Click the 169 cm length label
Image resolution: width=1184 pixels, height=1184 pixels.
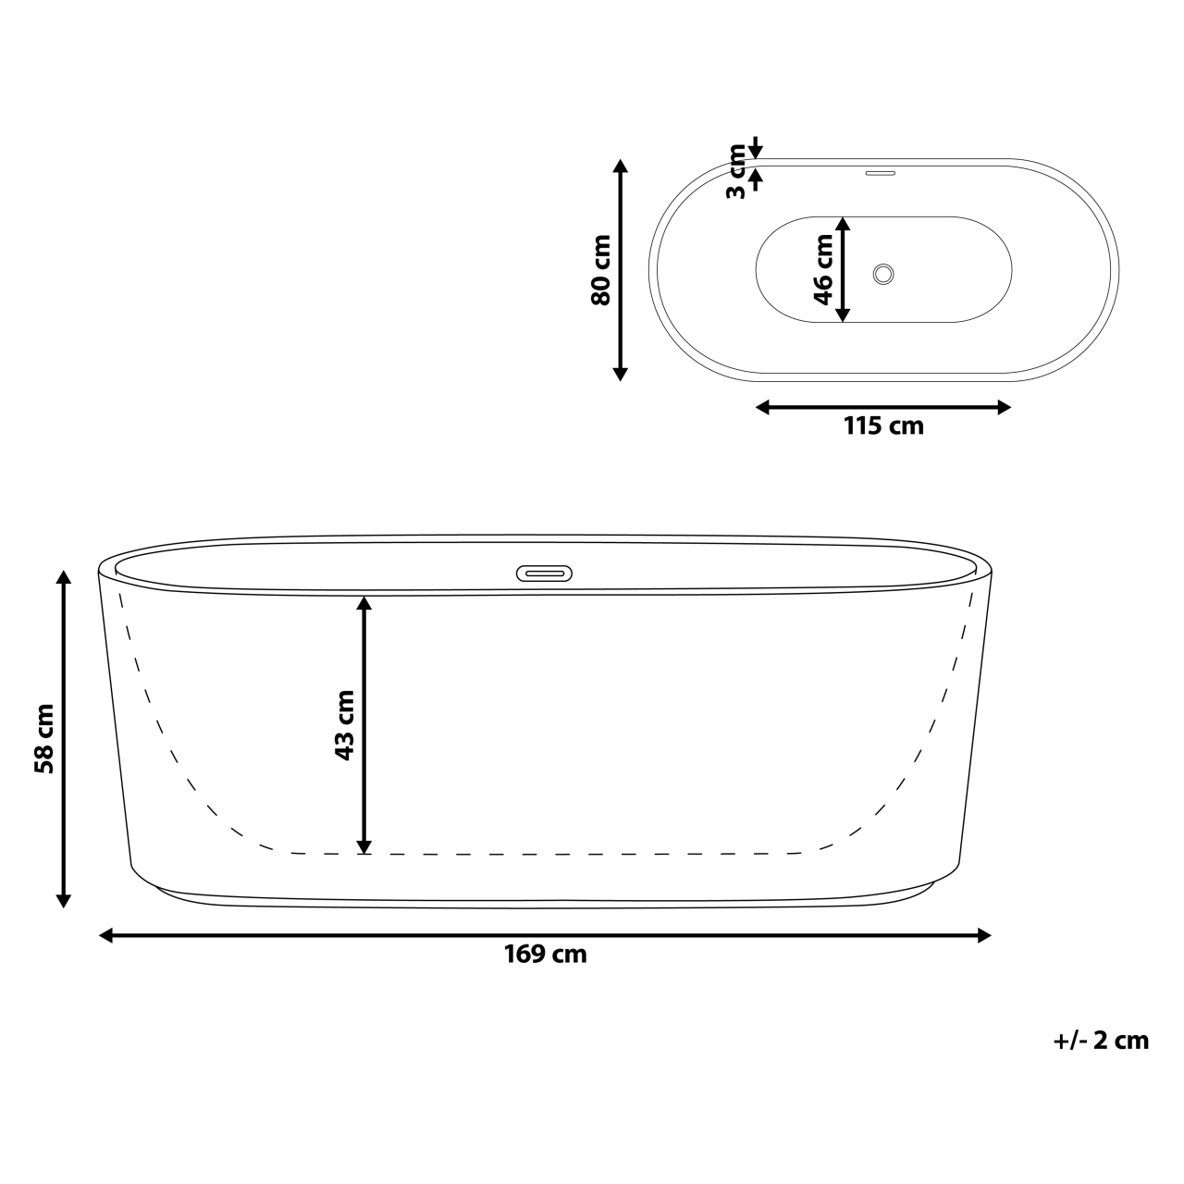tap(545, 955)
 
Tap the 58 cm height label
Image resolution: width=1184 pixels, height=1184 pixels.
tap(43, 738)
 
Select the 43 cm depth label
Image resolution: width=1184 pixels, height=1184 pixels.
tap(344, 725)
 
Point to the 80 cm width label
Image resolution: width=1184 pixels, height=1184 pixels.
tap(600, 270)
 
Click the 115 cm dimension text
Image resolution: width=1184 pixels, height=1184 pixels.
tap(883, 426)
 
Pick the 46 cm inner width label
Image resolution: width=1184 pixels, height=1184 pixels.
tap(822, 269)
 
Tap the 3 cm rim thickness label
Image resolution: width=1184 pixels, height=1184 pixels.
tap(736, 170)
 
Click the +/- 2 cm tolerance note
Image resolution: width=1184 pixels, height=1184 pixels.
tap(1101, 1041)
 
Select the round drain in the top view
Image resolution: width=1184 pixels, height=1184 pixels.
tap(884, 273)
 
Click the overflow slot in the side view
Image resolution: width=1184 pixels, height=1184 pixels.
tap(545, 573)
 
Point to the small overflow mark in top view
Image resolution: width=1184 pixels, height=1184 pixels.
tap(881, 171)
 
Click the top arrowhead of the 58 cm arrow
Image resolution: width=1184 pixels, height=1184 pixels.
tap(64, 578)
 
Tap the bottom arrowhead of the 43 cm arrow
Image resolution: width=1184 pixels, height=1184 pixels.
tap(364, 846)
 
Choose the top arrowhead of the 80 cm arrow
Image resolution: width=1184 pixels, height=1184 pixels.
tap(621, 166)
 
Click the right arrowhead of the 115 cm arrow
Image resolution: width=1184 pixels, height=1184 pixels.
tap(1004, 407)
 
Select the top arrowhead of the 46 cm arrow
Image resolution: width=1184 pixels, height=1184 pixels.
tap(842, 224)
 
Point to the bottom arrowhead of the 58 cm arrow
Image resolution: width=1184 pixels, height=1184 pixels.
tap(64, 900)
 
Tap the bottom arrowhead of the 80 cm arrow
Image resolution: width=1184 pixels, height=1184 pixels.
tap(621, 374)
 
